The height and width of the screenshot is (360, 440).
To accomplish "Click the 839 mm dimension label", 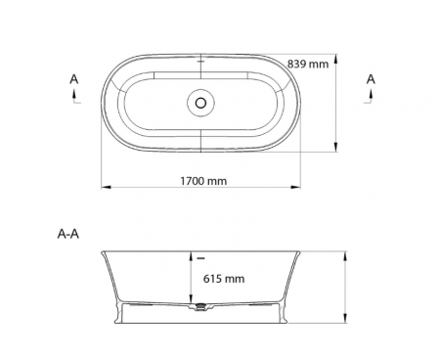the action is click(x=308, y=64).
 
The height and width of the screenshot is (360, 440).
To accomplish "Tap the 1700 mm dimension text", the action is click(x=203, y=181).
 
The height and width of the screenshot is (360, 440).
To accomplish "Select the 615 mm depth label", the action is click(x=224, y=279).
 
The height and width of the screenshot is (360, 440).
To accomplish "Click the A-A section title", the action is click(x=68, y=234).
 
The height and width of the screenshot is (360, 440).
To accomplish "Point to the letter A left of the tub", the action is click(x=74, y=79).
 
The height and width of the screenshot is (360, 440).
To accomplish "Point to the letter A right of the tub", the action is click(x=371, y=79).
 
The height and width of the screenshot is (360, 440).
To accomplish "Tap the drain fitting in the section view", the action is click(x=200, y=306).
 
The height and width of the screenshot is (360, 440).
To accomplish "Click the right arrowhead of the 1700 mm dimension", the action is click(x=295, y=187).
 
